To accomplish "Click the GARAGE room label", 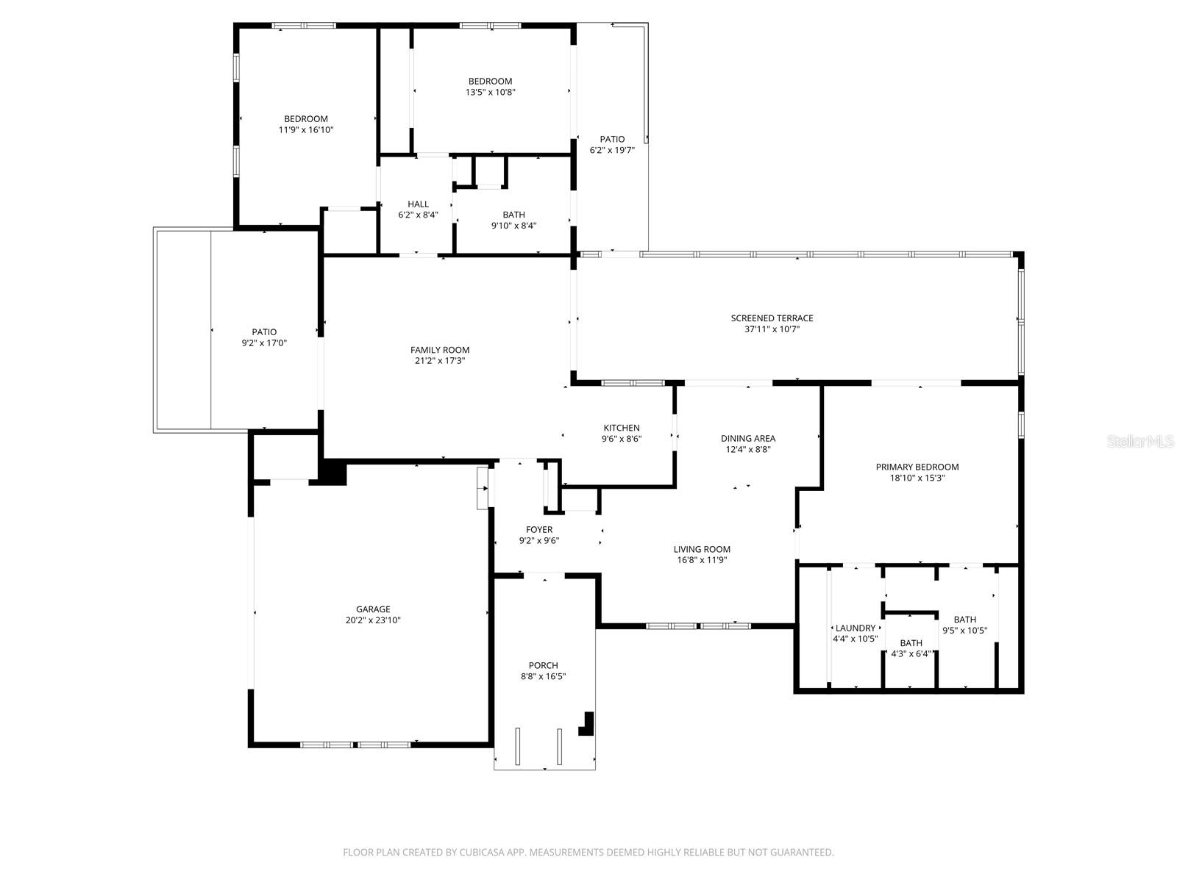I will [x=373, y=609].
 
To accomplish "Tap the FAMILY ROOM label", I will [x=440, y=350].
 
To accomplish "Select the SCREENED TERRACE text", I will [x=772, y=318].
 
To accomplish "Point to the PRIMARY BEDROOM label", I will [x=917, y=467].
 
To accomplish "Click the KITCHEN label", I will [x=622, y=428].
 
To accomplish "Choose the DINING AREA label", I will [x=747, y=439].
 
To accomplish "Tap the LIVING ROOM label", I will [x=702, y=549].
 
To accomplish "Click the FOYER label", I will [x=539, y=530].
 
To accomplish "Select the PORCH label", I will [x=543, y=666].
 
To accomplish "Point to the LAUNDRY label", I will [x=856, y=628].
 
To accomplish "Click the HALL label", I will [x=418, y=204].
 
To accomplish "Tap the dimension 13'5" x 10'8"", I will [x=490, y=93].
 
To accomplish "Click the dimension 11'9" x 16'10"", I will [x=306, y=130].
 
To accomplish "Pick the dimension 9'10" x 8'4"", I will [x=513, y=226].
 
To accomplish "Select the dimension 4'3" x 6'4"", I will [x=911, y=654].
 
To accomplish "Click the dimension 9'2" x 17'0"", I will [x=264, y=343].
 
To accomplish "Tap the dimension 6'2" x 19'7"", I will [x=612, y=150].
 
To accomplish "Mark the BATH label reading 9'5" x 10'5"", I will [x=964, y=620].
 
